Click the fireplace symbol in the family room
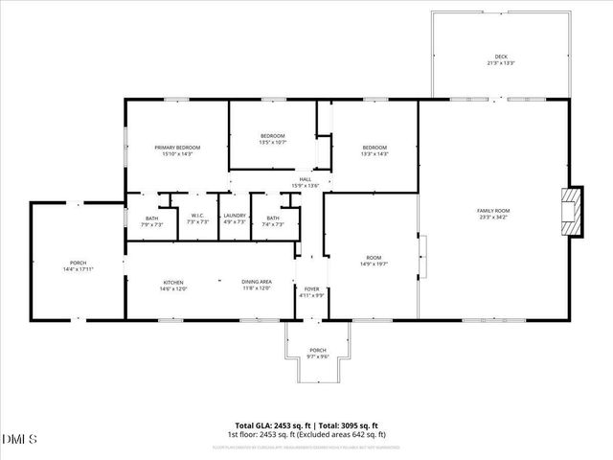click(571, 210)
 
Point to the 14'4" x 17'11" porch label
click(78, 266)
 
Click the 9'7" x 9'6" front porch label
click(317, 353)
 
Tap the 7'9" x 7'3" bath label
click(152, 219)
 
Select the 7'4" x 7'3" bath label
click(273, 219)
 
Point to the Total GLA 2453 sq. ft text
click(270, 425)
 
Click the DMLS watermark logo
click(20, 440)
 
